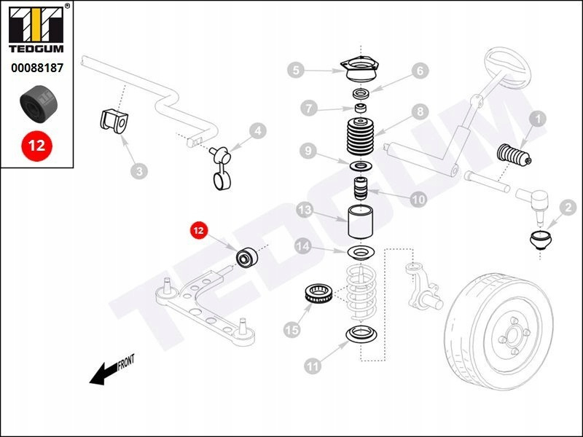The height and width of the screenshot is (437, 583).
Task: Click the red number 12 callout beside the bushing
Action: (198, 231)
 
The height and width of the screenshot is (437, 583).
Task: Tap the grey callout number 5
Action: (295, 70)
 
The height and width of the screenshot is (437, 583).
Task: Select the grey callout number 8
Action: (419, 111)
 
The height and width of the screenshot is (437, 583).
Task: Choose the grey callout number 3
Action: (138, 171)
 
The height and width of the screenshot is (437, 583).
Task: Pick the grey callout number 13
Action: (305, 210)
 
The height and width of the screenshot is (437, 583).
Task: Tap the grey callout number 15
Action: (291, 330)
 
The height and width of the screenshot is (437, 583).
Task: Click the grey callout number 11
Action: (313, 367)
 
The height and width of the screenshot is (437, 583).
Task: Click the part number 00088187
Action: (36, 68)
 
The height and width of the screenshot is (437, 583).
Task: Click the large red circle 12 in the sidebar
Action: (36, 144)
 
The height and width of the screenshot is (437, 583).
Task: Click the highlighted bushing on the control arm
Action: (246, 259)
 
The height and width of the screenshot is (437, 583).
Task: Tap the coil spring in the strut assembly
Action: (359, 295)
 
